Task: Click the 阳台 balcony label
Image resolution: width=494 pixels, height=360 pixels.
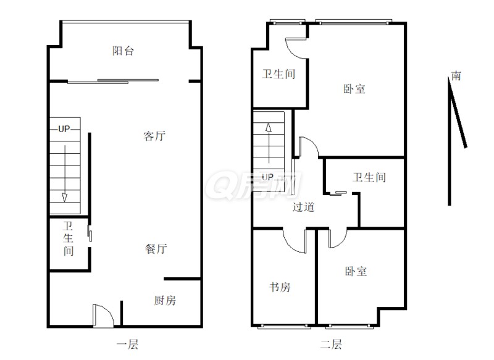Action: coord(123,51)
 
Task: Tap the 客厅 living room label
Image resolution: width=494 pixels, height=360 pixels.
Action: coord(154,136)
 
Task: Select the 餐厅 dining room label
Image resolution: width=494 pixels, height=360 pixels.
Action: coord(156,249)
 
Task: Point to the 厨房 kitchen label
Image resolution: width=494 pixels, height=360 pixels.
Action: coord(165,300)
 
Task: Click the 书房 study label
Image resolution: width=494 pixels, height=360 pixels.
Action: coord(280,287)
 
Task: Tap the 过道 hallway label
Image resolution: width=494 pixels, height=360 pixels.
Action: coord(303,207)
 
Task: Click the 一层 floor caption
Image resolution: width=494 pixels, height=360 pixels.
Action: coord(127,344)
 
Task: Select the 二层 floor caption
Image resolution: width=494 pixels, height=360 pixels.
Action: coord(331,344)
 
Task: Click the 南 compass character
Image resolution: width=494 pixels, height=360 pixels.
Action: coord(456,76)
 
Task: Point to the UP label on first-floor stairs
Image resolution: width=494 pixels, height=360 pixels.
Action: coord(64,129)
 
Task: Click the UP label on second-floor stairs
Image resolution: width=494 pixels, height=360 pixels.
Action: coord(267,177)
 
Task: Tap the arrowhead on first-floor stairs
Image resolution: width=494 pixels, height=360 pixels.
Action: coord(65,198)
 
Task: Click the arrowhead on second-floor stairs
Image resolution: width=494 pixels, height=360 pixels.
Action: coord(269,127)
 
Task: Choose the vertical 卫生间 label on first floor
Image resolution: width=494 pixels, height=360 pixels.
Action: coord(69,238)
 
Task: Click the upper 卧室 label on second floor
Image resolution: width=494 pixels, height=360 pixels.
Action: coord(354,89)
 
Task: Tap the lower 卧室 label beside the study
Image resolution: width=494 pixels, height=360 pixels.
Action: coord(356,271)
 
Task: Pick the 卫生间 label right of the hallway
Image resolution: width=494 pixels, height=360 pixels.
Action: coord(369,177)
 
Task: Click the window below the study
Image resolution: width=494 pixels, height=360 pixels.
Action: coord(284,327)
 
